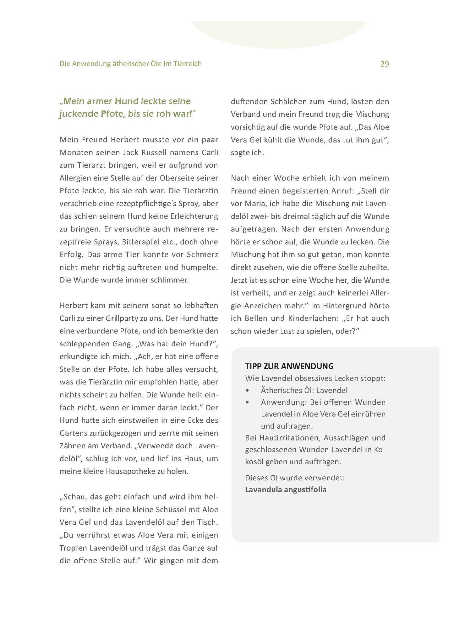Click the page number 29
385,64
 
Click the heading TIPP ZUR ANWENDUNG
289,366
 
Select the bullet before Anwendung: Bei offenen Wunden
248,403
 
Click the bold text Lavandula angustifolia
286,489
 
